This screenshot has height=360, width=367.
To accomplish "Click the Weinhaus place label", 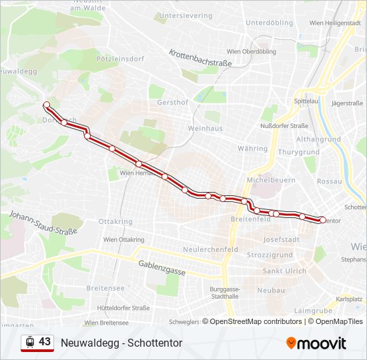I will pyautogui.click(x=205, y=127).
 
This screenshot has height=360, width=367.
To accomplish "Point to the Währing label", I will pyautogui.click(x=252, y=148).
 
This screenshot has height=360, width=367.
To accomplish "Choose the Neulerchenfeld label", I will pyautogui.click(x=210, y=249).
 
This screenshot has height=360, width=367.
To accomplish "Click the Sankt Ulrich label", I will pyautogui.click(x=284, y=271).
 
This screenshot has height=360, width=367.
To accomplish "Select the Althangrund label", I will pyautogui.click(x=318, y=139).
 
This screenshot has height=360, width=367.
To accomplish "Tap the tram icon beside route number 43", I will pyautogui.click(x=29, y=342).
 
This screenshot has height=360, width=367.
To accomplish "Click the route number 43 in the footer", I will pyautogui.click(x=45, y=342).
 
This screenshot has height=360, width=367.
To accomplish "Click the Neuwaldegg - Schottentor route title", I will pyautogui.click(x=121, y=343).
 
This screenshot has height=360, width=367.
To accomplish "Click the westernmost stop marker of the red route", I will pyautogui.click(x=46, y=105).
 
